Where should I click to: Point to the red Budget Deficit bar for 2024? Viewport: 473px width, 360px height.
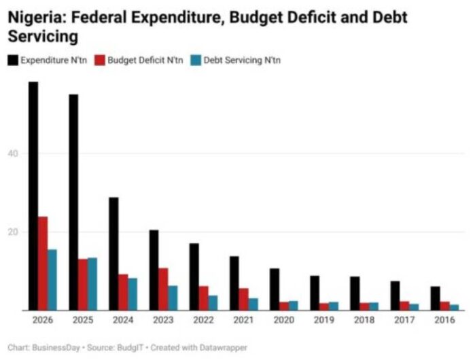tap(123, 292)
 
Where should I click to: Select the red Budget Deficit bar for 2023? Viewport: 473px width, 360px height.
tap(163, 289)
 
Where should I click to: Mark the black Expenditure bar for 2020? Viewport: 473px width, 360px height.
tap(275, 289)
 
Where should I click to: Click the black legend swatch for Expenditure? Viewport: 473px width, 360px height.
tap(12, 60)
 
